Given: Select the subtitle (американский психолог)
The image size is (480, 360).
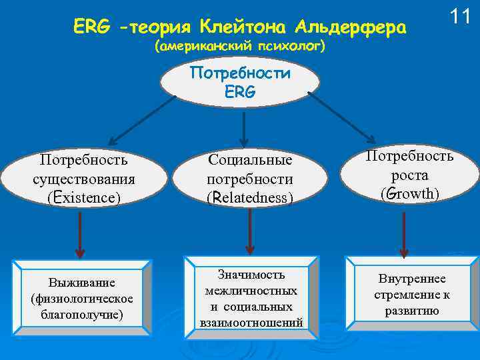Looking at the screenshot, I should (239, 47).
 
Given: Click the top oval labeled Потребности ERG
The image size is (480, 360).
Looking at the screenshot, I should (241, 82).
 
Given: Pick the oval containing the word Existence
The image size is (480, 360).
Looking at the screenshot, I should (84, 178).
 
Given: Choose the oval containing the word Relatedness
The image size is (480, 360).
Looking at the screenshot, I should (250, 179).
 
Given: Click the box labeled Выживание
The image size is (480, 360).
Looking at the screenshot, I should (82, 298).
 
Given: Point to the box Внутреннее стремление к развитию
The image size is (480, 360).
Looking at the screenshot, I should (412, 294).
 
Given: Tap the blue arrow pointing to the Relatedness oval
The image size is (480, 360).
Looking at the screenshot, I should (246, 127).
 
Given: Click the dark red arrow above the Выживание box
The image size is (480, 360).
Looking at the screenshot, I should (80, 233).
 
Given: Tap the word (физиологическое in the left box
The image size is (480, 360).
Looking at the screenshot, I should (82, 298).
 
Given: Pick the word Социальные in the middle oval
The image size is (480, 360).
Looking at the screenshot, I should (250, 161).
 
